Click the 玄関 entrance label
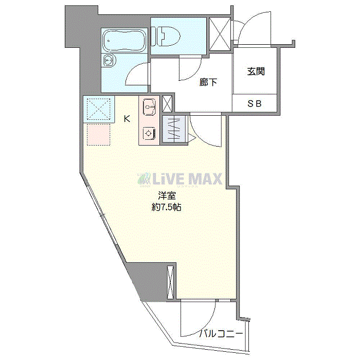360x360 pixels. click(256, 71)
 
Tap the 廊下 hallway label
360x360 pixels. click(208, 82)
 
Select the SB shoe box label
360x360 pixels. click(255, 104)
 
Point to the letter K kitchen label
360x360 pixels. click(127, 119)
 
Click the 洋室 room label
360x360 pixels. click(167, 196)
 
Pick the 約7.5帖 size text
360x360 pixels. click(167, 207)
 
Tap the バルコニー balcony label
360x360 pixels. click(221, 333)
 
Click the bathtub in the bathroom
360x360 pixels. click(124, 41)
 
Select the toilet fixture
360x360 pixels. click(166, 37)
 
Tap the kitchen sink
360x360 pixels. click(149, 107)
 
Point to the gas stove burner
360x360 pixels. click(149, 133)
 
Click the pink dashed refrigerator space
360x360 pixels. click(99, 135)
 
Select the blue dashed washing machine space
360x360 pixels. click(99, 109)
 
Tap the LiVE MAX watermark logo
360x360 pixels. click(180, 179)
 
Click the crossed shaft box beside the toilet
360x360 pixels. click(220, 34)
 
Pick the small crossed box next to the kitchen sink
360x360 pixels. click(167, 104)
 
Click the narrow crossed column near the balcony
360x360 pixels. click(170, 282)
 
